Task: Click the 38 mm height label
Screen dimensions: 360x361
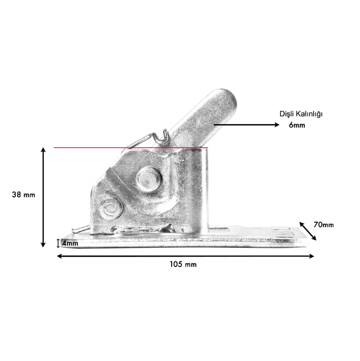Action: pyautogui.click(x=24, y=195)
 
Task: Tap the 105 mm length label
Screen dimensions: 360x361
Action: pyautogui.click(x=183, y=264)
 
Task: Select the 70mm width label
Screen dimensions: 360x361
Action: pyautogui.click(x=324, y=225)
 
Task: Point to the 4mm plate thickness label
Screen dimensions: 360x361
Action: pyautogui.click(x=70, y=243)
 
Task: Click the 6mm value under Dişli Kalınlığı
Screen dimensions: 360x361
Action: pyautogui.click(x=297, y=125)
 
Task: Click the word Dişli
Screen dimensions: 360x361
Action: pyautogui.click(x=286, y=114)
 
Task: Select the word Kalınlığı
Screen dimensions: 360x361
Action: pyautogui.click(x=308, y=114)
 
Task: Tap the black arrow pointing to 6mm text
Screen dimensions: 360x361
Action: pyautogui.click(x=247, y=125)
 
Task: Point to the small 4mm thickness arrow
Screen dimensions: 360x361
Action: pyautogui.click(x=58, y=243)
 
